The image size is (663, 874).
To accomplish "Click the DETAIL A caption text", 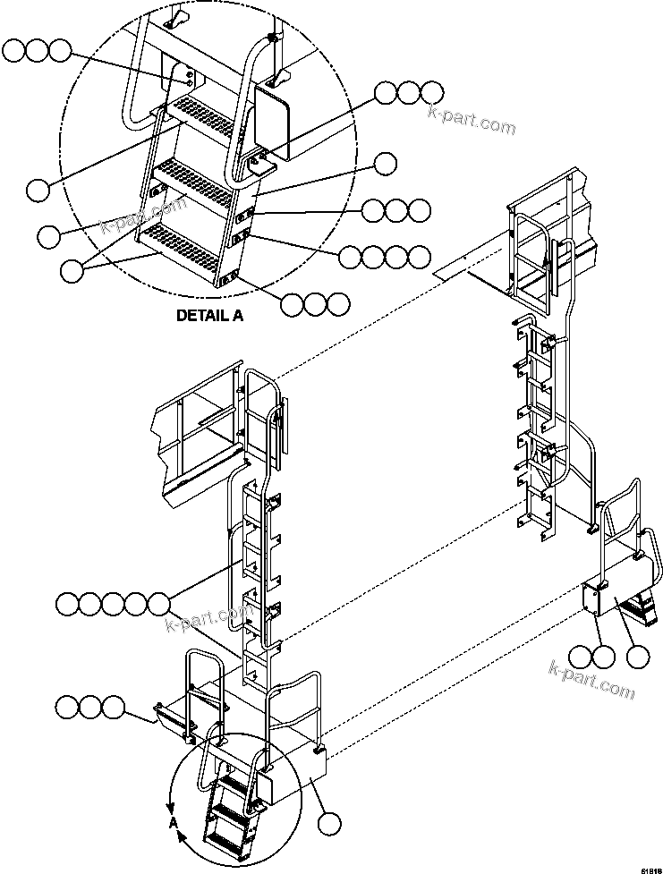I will [x=208, y=315].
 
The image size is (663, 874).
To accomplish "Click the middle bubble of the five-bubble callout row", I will [x=113, y=604].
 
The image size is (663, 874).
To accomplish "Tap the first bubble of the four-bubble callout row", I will [x=350, y=257].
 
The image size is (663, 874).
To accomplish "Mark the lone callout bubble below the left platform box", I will [x=331, y=823].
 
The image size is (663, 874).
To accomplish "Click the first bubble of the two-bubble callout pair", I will [x=581, y=658].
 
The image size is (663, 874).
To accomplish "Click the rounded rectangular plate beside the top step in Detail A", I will [x=272, y=119].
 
